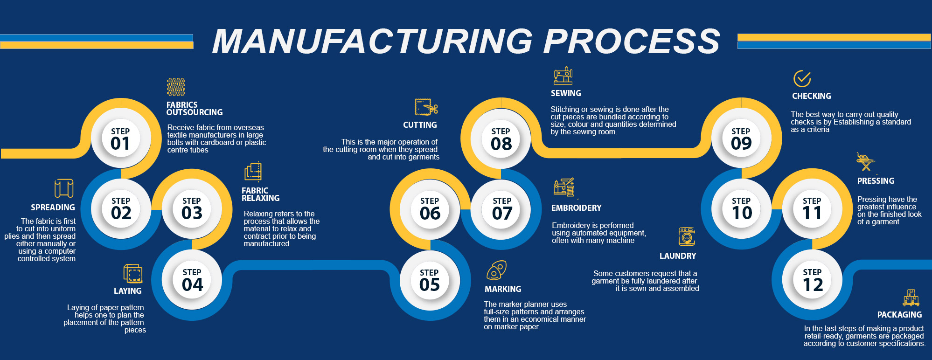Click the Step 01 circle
(121, 138)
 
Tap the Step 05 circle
(430, 280)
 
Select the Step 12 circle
(812, 280)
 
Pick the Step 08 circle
(501, 138)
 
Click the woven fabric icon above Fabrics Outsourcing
(176, 87)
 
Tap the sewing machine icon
(563, 76)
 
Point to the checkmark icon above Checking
(802, 79)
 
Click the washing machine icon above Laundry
(687, 236)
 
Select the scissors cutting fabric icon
(426, 107)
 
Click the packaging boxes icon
(911, 297)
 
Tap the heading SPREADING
(53, 208)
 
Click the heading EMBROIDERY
(576, 208)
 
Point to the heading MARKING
(503, 289)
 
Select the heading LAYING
(127, 291)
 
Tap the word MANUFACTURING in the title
(372, 41)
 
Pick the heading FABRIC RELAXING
(260, 194)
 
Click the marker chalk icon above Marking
(496, 270)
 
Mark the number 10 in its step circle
(742, 214)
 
